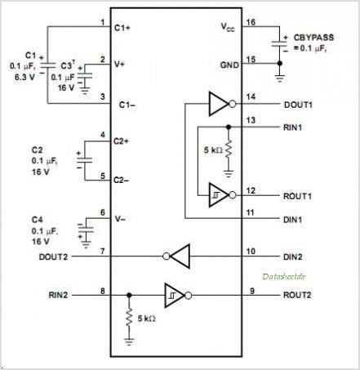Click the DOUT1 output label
298,105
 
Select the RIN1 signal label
293,127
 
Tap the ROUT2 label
297,295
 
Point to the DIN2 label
293,256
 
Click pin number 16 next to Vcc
251,22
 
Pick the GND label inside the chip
229,65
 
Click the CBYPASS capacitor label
313,38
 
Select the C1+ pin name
122,28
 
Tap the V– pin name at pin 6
120,219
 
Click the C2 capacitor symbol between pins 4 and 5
84,160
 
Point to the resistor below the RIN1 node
229,149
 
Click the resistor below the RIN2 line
129,318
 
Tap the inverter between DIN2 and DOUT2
176,256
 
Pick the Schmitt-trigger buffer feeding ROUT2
178,296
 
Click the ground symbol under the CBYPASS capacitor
279,78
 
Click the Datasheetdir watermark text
284,276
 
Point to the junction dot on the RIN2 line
129,295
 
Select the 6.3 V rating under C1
24,77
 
